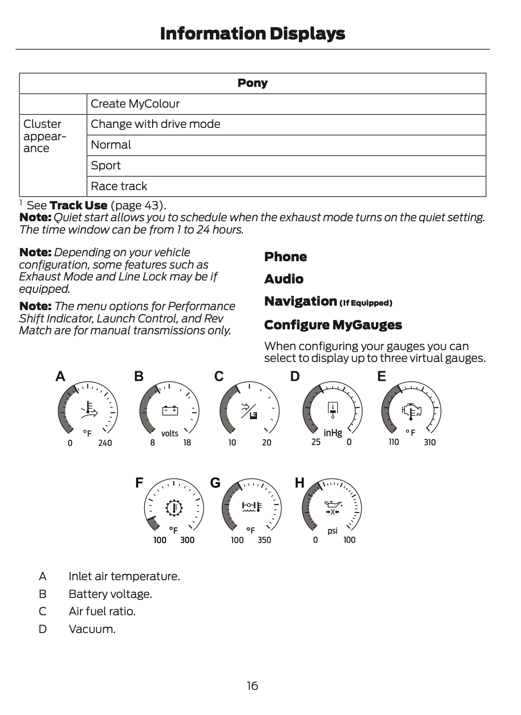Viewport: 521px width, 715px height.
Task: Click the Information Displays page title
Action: [252, 34]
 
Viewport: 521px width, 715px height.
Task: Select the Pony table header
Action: [252, 83]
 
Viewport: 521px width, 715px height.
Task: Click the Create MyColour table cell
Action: [135, 104]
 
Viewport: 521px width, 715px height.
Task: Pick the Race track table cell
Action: [119, 186]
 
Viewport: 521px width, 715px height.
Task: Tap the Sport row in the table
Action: [106, 165]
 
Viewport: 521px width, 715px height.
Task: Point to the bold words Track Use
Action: [79, 205]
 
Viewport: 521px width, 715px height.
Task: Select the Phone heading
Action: [285, 257]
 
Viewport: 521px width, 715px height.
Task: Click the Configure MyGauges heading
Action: [333, 325]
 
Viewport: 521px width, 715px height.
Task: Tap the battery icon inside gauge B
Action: [170, 410]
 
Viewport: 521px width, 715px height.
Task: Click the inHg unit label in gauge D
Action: [333, 433]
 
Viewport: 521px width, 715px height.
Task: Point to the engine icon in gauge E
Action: [411, 410]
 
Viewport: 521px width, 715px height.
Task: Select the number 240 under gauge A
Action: [105, 443]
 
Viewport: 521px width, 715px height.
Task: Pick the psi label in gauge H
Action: [332, 530]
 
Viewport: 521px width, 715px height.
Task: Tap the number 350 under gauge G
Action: [264, 540]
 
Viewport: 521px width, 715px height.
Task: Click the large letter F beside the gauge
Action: [139, 482]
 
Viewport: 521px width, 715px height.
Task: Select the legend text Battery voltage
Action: [110, 594]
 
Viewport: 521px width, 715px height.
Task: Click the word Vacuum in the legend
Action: [92, 629]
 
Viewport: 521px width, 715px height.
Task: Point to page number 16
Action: [252, 685]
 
